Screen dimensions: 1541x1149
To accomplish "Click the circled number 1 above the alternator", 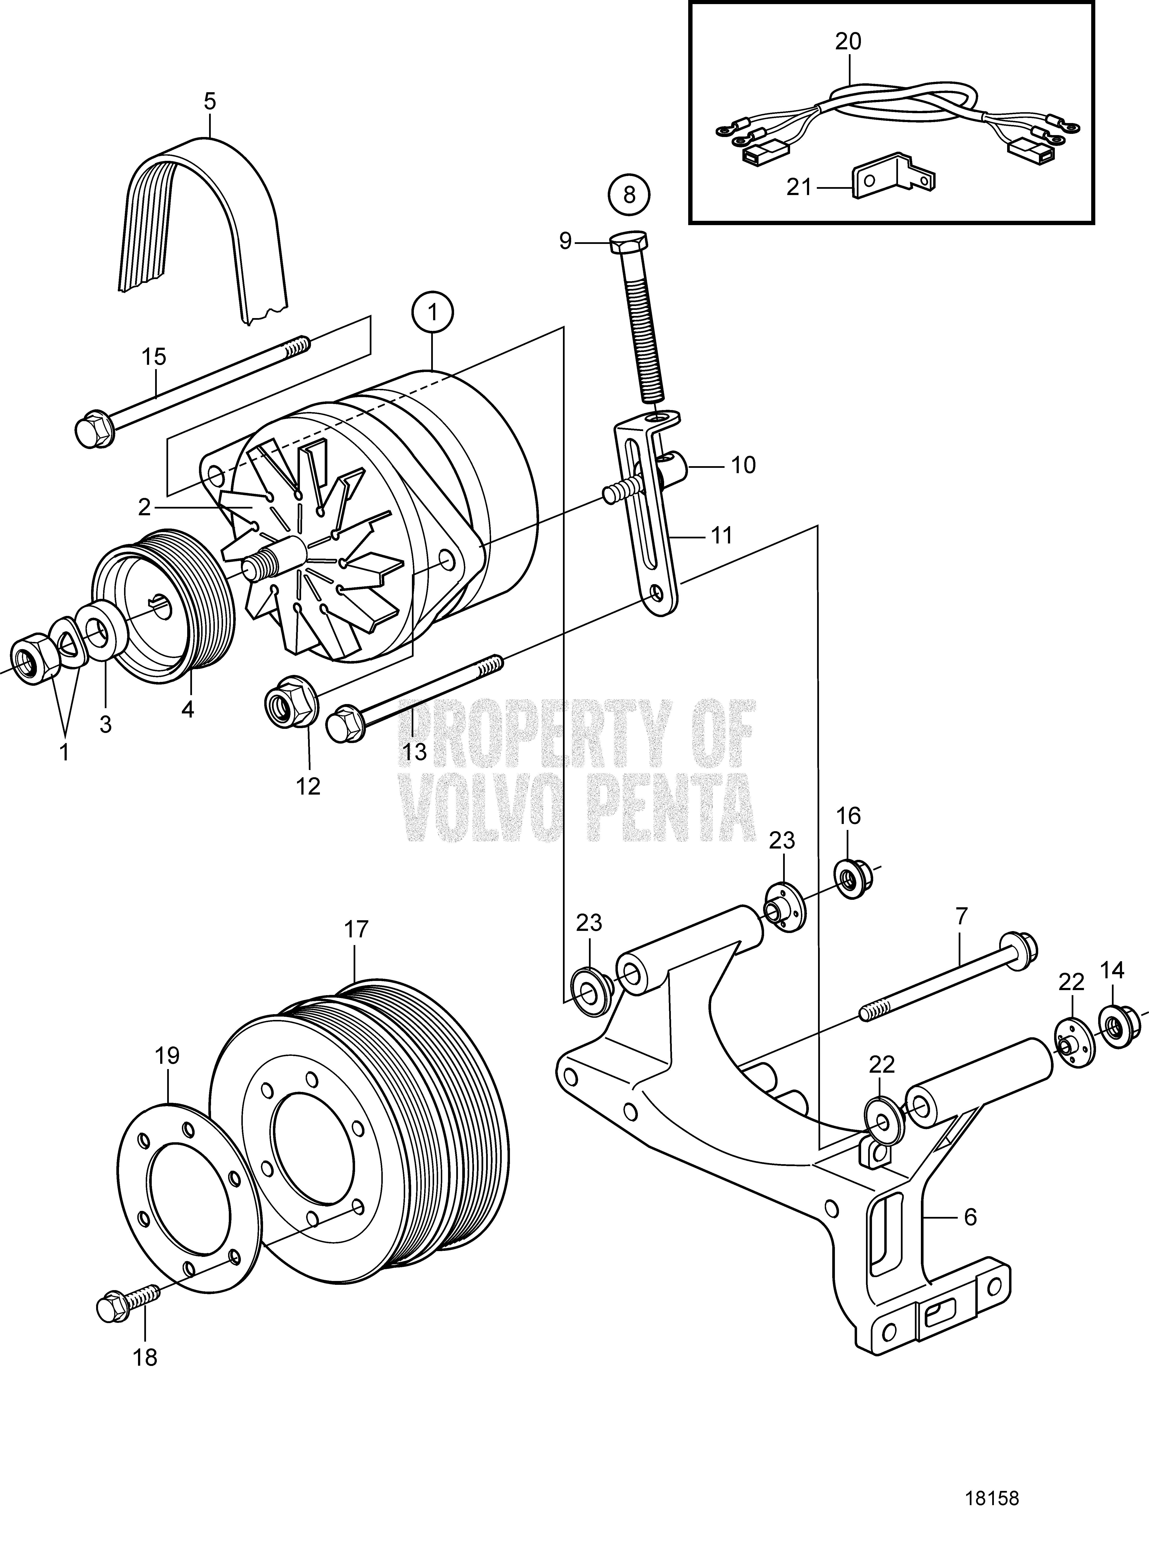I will coord(433,313).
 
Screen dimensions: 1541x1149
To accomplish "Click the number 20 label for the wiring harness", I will coord(848,42).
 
